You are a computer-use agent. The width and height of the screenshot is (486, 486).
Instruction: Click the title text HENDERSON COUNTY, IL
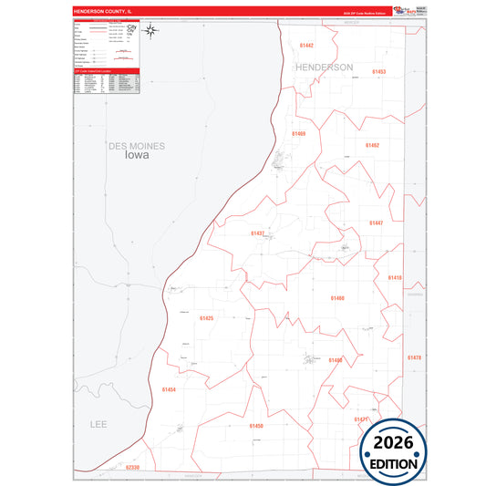103,12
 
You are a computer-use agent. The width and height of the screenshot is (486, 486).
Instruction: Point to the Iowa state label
136,155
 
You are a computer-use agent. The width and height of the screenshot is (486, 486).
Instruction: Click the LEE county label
98,425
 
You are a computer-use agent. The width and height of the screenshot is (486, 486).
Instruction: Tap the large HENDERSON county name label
323,67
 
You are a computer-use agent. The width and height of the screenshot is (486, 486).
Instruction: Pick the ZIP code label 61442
305,45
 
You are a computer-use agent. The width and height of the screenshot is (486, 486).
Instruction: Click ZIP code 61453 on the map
378,71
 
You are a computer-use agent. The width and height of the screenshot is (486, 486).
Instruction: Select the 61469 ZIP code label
298,134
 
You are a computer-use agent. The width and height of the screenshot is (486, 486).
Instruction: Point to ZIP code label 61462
372,145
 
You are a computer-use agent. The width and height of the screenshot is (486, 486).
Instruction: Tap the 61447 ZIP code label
377,222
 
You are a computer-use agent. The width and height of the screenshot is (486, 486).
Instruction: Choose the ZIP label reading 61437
258,233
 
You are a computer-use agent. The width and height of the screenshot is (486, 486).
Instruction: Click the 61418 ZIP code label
394,277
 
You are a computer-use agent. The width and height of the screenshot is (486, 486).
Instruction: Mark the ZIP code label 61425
206,318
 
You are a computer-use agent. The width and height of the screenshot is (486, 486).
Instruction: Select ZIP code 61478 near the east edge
414,357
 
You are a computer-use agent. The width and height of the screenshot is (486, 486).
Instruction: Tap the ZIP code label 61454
168,389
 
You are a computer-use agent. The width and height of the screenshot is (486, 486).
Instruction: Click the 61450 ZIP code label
256,426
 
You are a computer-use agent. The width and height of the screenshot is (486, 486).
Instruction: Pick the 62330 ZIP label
133,467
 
